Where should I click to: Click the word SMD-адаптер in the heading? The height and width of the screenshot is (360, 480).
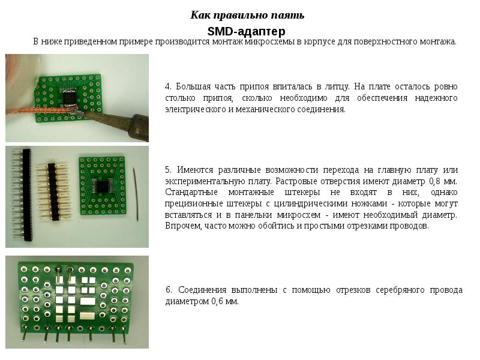247,31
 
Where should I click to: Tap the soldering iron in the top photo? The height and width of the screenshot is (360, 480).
121,122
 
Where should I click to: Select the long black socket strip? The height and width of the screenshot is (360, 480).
26,194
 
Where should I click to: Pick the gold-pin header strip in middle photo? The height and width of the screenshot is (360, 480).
52,192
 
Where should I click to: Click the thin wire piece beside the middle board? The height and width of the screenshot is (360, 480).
136,193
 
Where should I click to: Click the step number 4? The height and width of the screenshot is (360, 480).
168,86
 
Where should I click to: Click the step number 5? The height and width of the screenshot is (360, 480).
168,170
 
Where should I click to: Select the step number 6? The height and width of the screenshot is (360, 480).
169,290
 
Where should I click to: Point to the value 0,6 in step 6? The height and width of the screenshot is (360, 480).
217,301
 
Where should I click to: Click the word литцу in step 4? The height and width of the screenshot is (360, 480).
337,87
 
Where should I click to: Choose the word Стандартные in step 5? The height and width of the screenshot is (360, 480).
191,193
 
